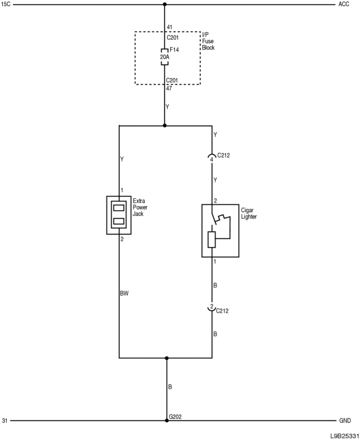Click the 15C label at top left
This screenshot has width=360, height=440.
click(x=6, y=5)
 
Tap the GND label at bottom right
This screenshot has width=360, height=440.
click(x=345, y=420)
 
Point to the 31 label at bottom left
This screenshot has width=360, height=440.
click(x=5, y=420)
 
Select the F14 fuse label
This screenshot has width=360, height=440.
click(x=174, y=50)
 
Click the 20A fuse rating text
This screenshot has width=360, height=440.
click(x=165, y=57)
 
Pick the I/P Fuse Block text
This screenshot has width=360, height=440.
click(x=208, y=41)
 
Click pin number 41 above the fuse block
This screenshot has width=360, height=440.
click(x=169, y=27)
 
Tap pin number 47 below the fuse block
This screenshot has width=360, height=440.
click(x=169, y=88)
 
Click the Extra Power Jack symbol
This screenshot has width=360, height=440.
click(x=119, y=214)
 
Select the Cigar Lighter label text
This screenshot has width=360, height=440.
click(x=249, y=213)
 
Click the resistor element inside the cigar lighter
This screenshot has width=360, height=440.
click(x=211, y=240)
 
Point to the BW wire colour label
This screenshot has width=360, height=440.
click(x=124, y=294)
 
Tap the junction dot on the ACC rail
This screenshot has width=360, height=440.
click(x=165, y=5)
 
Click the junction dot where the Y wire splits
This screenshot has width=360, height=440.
click(x=165, y=125)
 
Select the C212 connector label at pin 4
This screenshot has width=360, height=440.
click(x=224, y=155)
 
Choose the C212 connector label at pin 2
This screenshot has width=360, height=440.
click(x=223, y=310)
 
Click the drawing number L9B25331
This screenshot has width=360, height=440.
click(x=345, y=435)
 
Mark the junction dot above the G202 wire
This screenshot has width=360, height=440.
click(x=167, y=358)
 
